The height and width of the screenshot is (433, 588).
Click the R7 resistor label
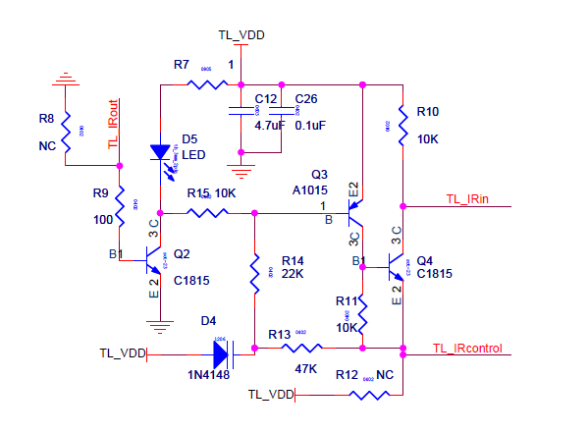tap(182, 65)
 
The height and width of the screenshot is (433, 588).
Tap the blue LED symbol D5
tap(160, 152)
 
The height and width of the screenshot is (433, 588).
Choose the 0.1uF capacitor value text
tap(310, 126)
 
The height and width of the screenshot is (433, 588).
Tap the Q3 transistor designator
tap(306, 173)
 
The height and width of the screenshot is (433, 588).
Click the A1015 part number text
tap(309, 189)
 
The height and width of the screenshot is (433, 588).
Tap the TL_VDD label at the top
tap(241, 34)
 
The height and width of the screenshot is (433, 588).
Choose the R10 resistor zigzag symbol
tap(401, 126)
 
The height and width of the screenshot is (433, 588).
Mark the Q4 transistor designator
tap(424, 260)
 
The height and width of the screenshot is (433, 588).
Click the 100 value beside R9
tap(103, 220)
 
